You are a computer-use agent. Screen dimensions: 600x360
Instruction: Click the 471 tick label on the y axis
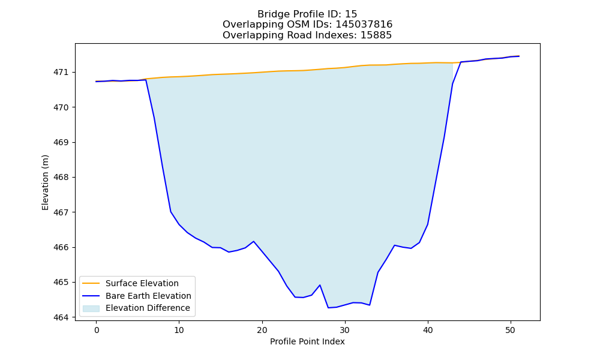coord(61,73)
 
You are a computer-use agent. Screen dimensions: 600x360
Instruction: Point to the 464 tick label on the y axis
coord(61,317)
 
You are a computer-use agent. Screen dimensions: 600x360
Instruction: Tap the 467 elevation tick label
coord(61,212)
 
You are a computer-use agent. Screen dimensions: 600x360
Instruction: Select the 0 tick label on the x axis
coord(97,330)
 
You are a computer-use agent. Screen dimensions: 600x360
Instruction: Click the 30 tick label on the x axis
coord(345,330)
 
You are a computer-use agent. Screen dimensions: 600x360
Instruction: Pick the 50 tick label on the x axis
coord(511,330)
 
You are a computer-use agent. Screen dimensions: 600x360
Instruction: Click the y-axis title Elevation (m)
coord(45,182)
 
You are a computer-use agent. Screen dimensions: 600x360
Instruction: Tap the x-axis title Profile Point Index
coord(307,341)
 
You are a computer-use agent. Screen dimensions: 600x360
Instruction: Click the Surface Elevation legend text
coord(142,283)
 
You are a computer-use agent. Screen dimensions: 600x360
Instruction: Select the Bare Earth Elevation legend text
coord(148,296)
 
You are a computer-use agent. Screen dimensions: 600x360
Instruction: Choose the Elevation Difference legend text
coord(148,308)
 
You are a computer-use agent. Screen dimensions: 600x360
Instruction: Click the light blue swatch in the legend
coord(91,308)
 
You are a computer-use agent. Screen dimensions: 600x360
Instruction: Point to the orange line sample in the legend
coord(91,283)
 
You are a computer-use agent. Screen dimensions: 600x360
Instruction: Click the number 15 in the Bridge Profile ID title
coord(351,14)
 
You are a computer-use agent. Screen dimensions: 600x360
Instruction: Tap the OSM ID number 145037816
coord(364,25)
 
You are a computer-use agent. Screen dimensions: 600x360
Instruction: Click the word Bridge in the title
coord(272,14)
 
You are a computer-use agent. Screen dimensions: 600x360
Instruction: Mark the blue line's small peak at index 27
coord(320,285)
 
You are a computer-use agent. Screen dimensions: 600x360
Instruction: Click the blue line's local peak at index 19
coord(254,241)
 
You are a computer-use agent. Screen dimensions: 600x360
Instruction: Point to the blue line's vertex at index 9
coord(170,212)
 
